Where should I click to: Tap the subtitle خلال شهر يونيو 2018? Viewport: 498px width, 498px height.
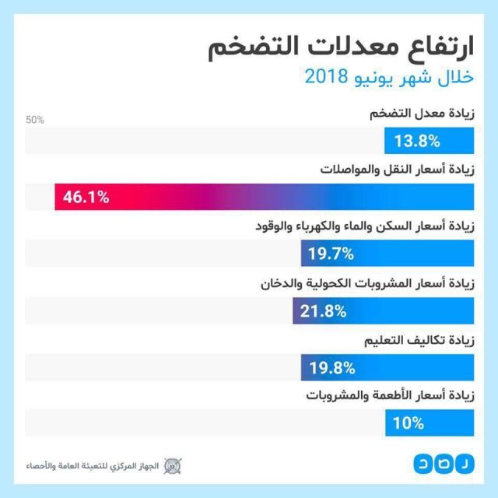coord(389,78)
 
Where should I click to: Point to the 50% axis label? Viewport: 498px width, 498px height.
coord(35,120)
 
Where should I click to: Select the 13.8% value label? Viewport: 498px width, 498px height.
coord(417,141)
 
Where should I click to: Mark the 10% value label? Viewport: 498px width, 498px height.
coord(409,423)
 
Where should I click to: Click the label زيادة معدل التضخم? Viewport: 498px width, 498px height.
coord(422,114)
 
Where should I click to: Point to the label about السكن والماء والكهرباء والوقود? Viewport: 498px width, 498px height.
coord(366,226)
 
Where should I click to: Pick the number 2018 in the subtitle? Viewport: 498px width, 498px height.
coord(323,78)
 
